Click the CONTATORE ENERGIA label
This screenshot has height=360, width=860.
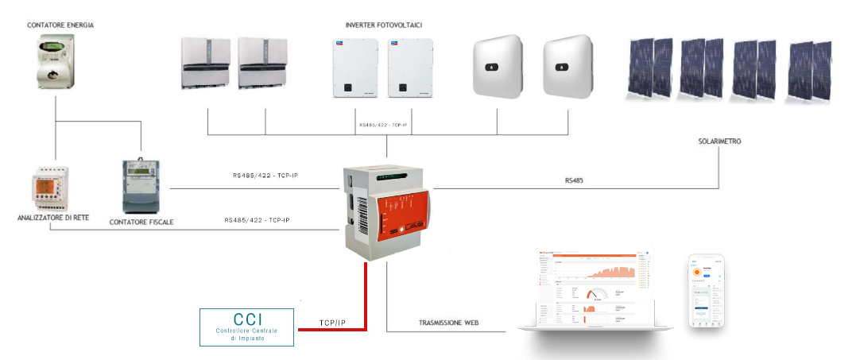point(60,25)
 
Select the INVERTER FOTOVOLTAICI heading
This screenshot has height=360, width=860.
point(384,25)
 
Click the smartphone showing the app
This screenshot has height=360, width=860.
point(706,292)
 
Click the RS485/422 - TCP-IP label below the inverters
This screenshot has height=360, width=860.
point(387,125)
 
